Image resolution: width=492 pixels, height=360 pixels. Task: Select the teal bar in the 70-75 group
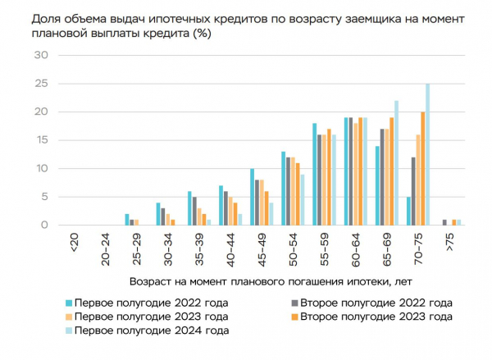(408, 211)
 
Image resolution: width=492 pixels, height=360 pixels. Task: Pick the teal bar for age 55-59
(314, 174)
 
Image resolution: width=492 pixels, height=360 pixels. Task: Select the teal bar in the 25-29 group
(127, 220)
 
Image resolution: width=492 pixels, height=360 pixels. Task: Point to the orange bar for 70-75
(422, 168)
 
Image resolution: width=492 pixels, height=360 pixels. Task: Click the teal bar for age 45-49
(252, 197)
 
